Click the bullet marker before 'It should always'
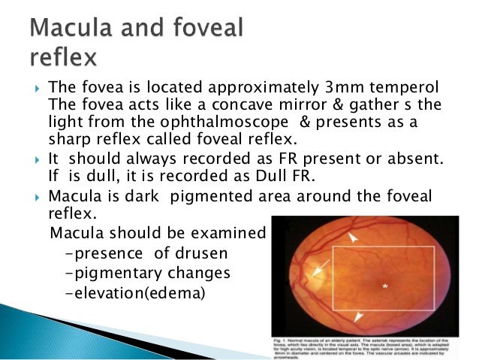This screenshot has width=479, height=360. click(37, 161)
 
